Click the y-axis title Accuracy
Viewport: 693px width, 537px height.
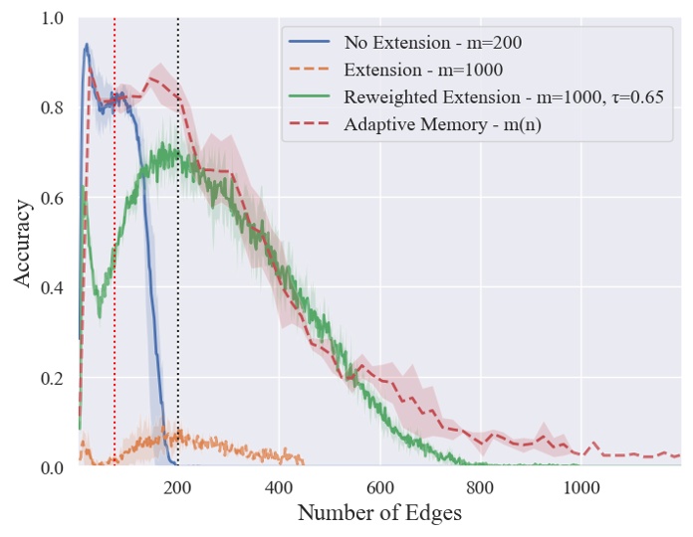point(24,244)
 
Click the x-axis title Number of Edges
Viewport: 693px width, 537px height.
point(379,514)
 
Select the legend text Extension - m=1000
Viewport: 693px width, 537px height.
point(422,70)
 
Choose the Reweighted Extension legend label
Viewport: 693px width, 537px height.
point(503,97)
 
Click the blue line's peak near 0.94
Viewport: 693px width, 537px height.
point(87,45)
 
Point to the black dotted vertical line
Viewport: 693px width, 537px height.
point(178,298)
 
